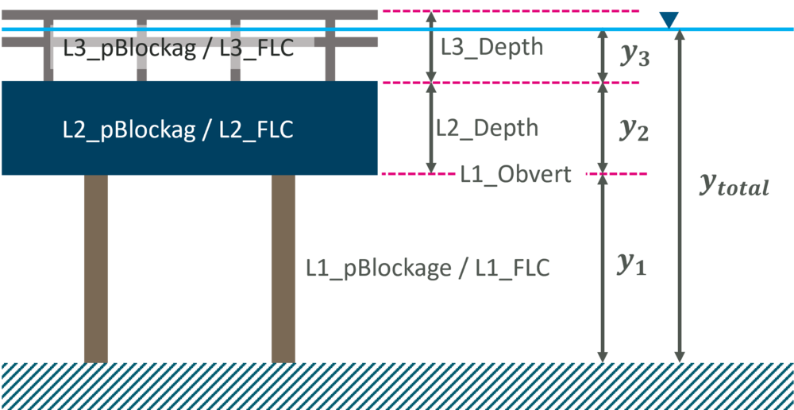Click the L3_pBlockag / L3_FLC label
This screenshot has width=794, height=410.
point(179,49)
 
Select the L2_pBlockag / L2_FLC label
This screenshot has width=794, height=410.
point(179,130)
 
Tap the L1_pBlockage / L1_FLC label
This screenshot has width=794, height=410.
point(427,268)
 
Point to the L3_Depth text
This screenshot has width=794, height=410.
point(492,47)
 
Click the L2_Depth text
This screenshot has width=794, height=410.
point(487,128)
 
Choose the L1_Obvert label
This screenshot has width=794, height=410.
point(516,174)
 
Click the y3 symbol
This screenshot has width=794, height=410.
point(633,56)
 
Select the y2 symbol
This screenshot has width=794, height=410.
point(633,130)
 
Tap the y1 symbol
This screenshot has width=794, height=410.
point(631,265)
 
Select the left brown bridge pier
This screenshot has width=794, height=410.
point(96,269)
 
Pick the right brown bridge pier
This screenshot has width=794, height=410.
point(283,269)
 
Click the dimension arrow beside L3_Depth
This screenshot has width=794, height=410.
point(430,47)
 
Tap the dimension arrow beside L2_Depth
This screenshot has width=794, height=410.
point(430,128)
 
